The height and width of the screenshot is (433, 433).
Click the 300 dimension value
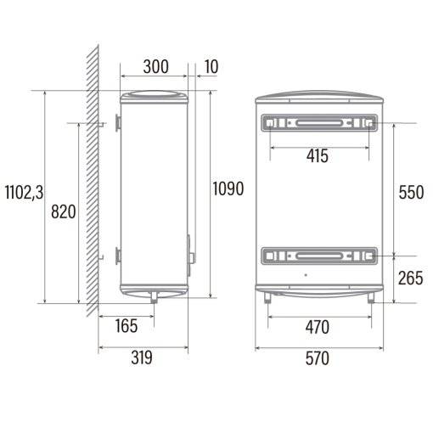pos(156,67)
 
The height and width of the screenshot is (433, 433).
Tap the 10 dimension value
pos(211,67)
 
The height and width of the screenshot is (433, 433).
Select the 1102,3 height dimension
pos(25,193)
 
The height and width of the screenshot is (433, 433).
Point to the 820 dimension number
pos(64,211)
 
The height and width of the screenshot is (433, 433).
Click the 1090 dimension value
pos(228,188)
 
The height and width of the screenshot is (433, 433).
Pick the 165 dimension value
pos(127,325)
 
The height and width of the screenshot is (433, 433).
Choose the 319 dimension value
pos(142,357)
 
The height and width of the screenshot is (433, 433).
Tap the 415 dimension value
pos(318,156)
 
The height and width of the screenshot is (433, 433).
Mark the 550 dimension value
pos(411,193)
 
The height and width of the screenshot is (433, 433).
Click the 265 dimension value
pos(411,278)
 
